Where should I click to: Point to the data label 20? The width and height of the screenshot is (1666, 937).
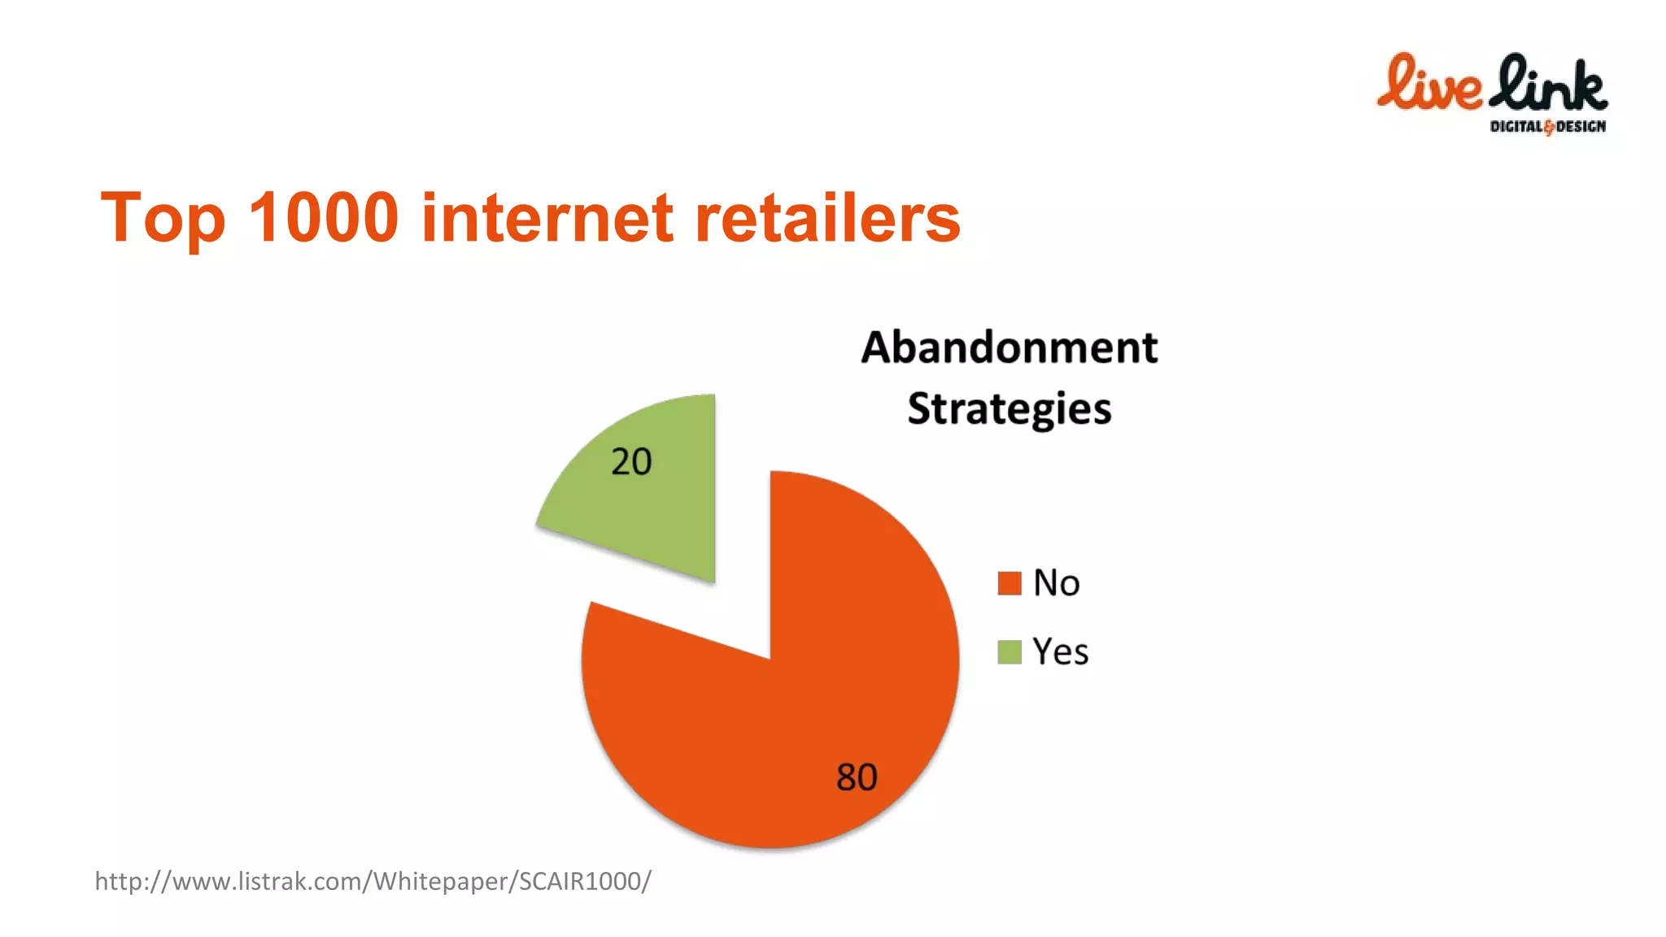(631, 462)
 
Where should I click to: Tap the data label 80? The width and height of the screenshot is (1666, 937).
(857, 777)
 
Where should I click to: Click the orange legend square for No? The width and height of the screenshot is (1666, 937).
(1010, 583)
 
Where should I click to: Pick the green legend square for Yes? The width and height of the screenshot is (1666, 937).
(1010, 652)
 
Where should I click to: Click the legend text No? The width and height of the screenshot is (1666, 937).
(1056, 583)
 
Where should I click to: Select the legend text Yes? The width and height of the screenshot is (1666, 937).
(1060, 652)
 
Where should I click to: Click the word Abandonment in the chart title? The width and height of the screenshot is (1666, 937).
(1009, 348)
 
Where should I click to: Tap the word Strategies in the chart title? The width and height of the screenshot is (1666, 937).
(1009, 409)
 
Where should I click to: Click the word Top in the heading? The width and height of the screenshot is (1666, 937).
(163, 218)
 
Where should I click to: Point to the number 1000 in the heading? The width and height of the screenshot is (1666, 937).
(323, 218)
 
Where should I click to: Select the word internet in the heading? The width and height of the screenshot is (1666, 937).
(547, 218)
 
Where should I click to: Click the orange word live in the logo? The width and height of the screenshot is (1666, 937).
(1429, 84)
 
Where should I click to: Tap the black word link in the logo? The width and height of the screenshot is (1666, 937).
(1549, 84)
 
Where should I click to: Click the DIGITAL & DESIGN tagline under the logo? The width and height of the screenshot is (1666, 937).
(1547, 126)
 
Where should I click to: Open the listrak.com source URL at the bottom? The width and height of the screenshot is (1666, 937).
(373, 881)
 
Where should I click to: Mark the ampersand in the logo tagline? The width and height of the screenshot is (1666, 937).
(1549, 127)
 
